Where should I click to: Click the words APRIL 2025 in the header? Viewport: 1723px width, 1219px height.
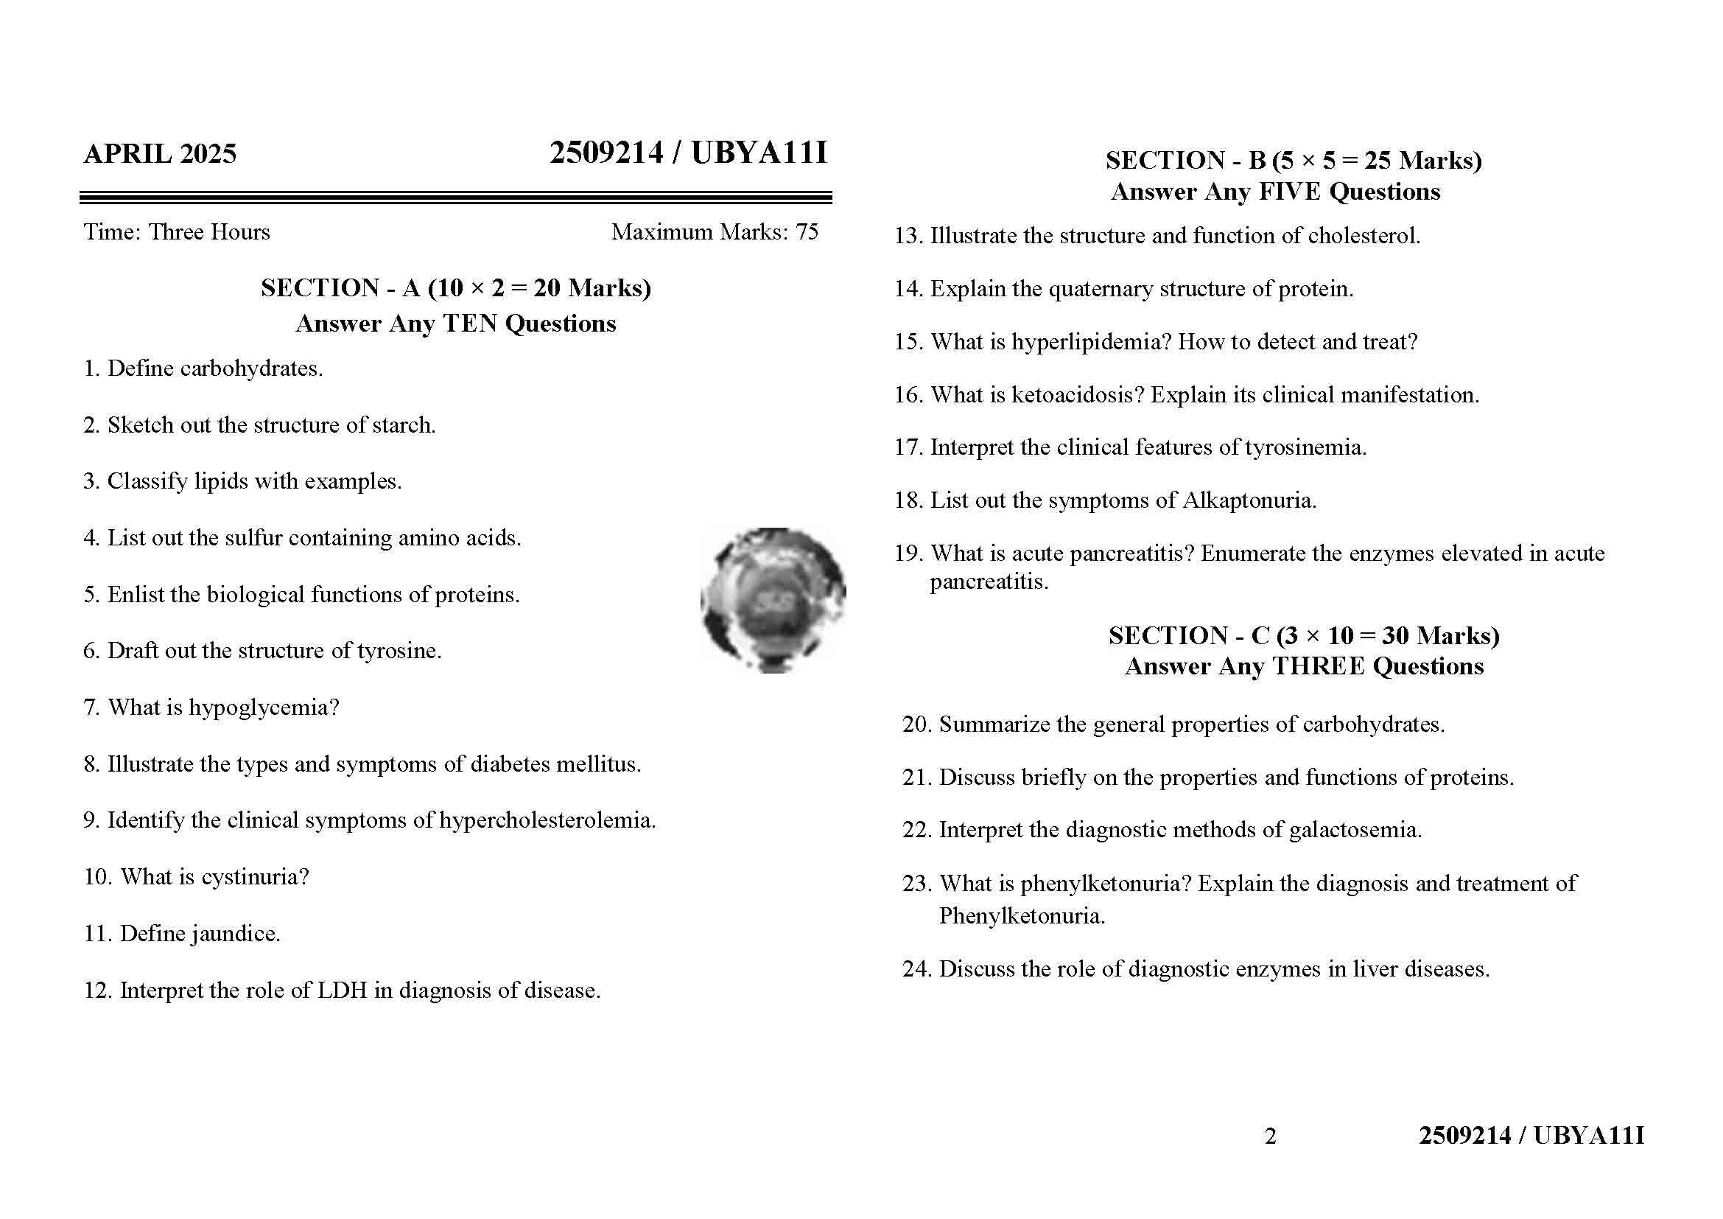pyautogui.click(x=160, y=154)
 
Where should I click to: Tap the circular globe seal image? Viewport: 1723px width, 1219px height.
pyautogui.click(x=773, y=600)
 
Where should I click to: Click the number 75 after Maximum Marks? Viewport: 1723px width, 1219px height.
pyautogui.click(x=807, y=232)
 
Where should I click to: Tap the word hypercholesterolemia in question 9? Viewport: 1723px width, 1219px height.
pyautogui.click(x=547, y=820)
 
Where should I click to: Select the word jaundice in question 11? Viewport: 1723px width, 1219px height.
pyautogui.click(x=235, y=934)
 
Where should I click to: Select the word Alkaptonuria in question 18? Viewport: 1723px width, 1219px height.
pyautogui.click(x=1249, y=500)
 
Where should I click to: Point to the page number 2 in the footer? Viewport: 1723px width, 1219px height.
pyautogui.click(x=1270, y=1136)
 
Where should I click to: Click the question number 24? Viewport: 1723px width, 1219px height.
pyautogui.click(x=916, y=969)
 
